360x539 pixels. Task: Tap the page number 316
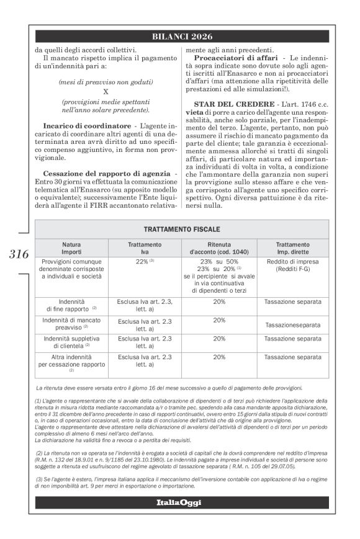pyautogui.click(x=19, y=254)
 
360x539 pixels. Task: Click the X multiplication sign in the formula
pyautogui.click(x=106, y=91)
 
